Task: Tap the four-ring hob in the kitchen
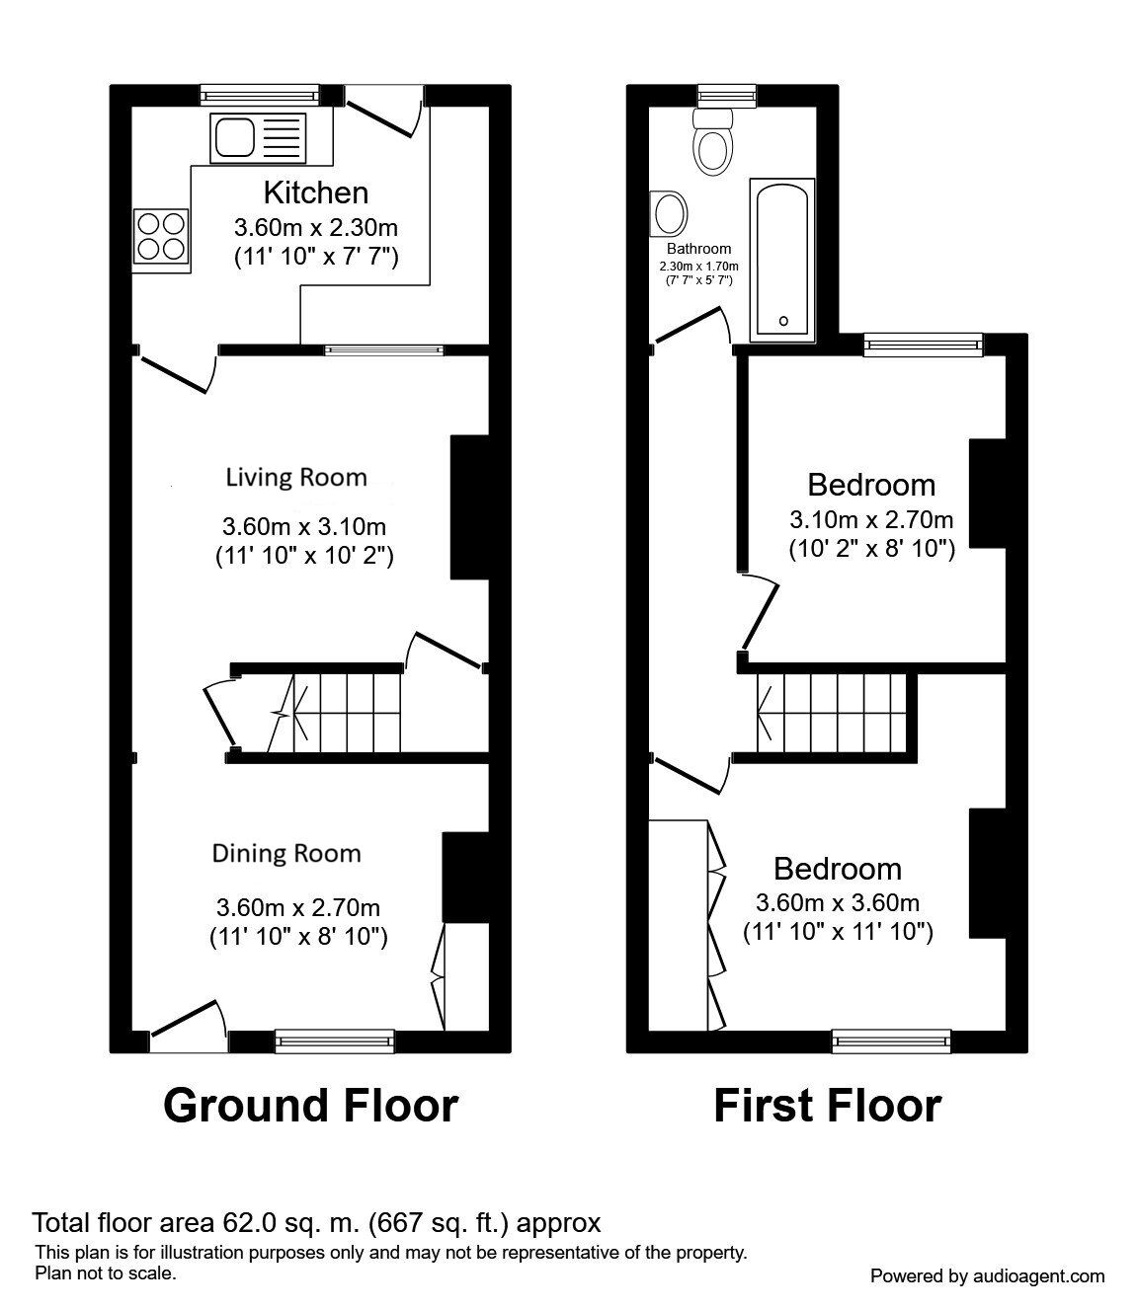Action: [161, 235]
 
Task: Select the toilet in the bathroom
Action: [712, 143]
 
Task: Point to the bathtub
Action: [782, 261]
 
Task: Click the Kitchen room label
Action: [315, 193]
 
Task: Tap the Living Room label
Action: [296, 478]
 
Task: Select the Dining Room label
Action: [286, 853]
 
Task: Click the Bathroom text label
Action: [698, 249]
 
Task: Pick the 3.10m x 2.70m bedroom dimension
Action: [870, 519]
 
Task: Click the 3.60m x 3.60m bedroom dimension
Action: [837, 902]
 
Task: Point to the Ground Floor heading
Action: [310, 1106]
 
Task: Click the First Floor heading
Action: [827, 1106]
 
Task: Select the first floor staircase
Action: [830, 713]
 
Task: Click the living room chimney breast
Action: [469, 506]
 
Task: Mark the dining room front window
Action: [334, 1039]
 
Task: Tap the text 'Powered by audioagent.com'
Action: [987, 1276]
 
